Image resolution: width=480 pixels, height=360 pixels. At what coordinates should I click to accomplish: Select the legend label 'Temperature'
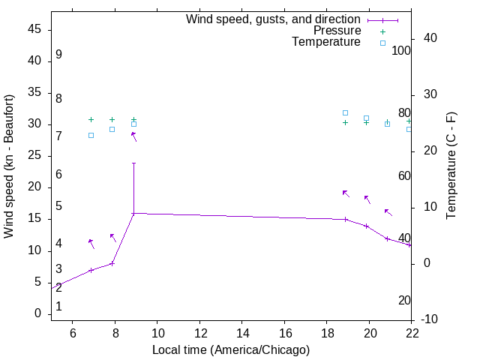point(326,42)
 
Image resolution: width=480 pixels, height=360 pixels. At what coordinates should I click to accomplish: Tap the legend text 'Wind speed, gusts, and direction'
point(274,19)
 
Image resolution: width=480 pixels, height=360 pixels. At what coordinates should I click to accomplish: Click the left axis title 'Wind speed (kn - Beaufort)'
point(9,166)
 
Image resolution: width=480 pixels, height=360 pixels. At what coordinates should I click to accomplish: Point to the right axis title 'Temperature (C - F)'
point(451,166)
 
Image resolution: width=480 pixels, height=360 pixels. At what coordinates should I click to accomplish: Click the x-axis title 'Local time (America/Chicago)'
point(231,350)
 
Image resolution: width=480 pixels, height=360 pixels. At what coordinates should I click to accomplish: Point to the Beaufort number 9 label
point(58,55)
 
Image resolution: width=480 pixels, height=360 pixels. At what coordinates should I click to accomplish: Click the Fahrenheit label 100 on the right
point(401,51)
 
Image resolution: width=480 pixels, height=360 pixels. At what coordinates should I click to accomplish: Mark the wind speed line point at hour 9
point(133,214)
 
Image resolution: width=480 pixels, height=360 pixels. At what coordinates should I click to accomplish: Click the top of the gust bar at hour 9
point(133,163)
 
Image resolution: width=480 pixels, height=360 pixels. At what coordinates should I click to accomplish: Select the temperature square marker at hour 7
point(91,135)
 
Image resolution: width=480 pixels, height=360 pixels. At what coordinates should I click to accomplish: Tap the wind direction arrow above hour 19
point(346,193)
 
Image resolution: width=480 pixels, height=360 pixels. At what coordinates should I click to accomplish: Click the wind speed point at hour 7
point(91,270)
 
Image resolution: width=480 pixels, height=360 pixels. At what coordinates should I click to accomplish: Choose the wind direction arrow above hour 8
point(113,238)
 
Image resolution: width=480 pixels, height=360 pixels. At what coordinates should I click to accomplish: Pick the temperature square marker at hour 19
point(345,112)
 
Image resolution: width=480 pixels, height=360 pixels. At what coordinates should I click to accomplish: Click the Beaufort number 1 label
point(58,307)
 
